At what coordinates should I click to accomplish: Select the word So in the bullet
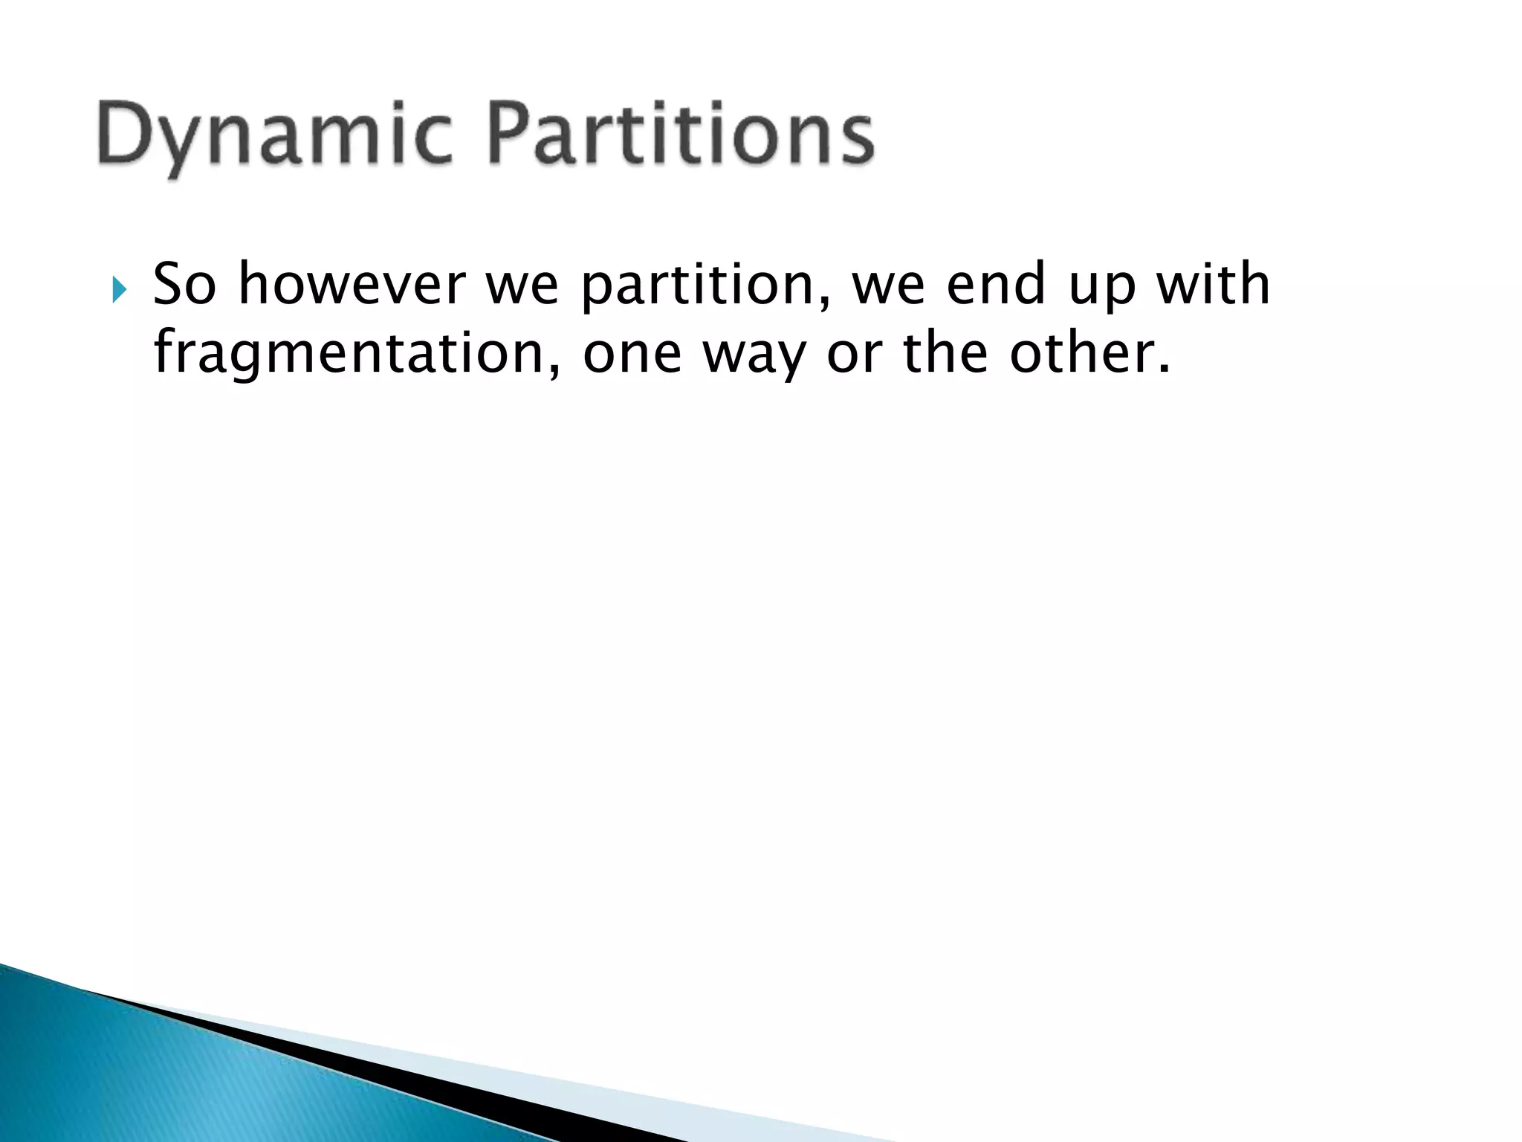click(x=184, y=285)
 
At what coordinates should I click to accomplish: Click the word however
click(x=351, y=285)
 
